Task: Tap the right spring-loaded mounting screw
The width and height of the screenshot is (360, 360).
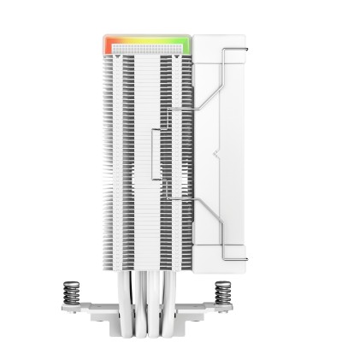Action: [223, 293]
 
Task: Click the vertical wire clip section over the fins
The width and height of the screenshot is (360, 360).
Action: [153, 154]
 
